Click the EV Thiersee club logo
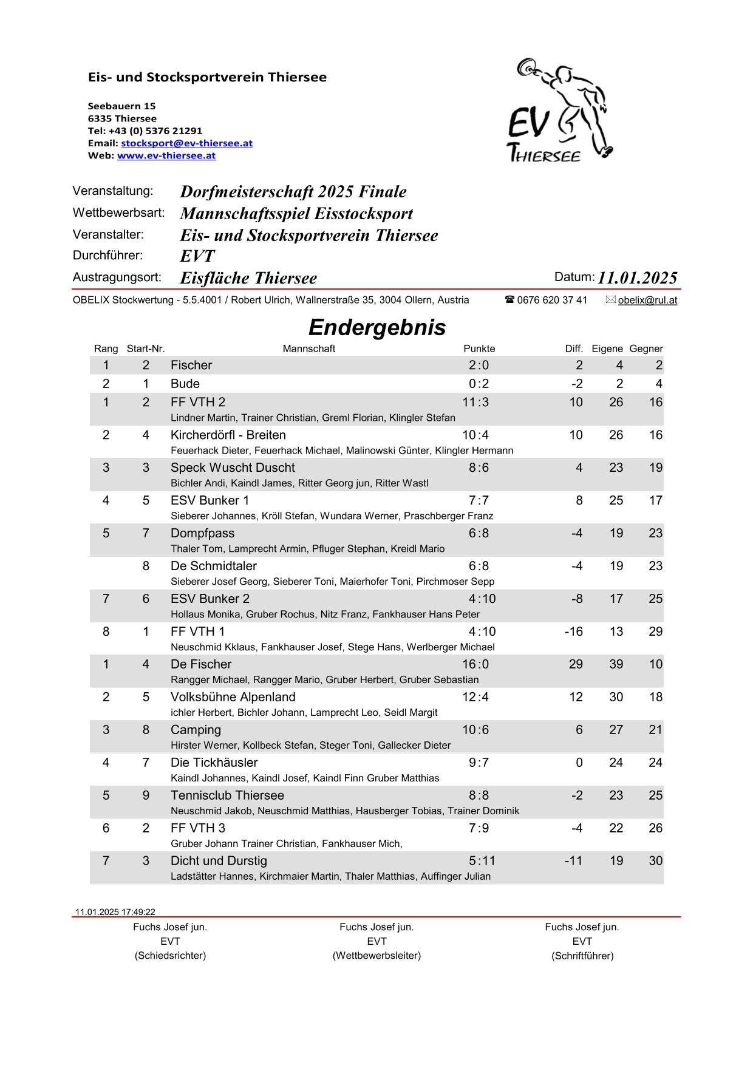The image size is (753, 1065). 560,111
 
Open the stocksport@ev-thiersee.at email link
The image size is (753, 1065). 186,143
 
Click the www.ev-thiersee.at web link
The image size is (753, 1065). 166,155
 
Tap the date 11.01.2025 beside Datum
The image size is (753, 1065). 637,278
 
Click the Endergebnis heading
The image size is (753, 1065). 376,327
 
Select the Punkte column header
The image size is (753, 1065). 479,349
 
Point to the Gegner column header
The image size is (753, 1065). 646,349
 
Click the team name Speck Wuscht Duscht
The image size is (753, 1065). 233,468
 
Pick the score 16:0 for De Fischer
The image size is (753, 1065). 475,664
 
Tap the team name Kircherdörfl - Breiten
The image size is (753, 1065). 228,435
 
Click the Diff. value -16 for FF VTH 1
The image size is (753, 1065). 573,631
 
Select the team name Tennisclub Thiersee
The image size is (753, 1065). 227,795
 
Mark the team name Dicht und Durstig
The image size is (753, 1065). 219,861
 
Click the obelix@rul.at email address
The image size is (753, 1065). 647,300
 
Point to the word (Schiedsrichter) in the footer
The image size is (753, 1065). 170,956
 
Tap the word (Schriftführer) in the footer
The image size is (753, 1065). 582,956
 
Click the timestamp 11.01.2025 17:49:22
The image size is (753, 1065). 115,912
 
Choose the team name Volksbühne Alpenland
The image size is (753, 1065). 233,697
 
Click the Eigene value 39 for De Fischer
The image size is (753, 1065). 616,664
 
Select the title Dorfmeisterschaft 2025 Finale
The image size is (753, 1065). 293,192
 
